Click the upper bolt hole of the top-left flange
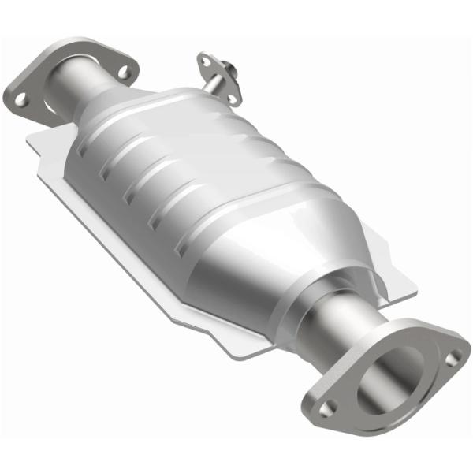pos(124,73)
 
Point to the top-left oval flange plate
pos(47,99)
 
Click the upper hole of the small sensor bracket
pos(207,59)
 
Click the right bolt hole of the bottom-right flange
pos(451,359)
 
